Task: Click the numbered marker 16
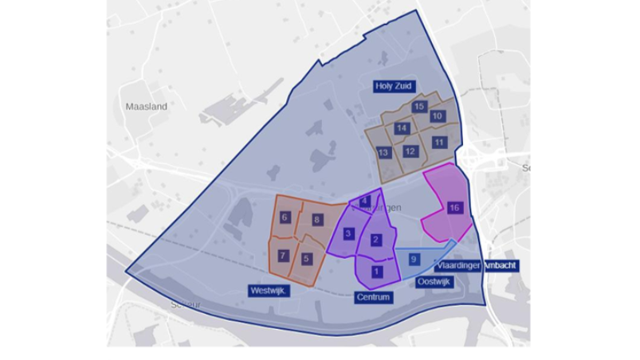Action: pyautogui.click(x=454, y=208)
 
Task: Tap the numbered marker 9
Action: pyautogui.click(x=414, y=259)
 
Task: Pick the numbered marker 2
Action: pyautogui.click(x=376, y=241)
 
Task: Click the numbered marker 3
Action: pyautogui.click(x=348, y=233)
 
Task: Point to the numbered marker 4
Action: pyautogui.click(x=365, y=202)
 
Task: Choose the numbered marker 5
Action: pyautogui.click(x=307, y=258)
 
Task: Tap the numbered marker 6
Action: pyautogui.click(x=285, y=217)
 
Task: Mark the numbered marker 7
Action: pyautogui.click(x=283, y=256)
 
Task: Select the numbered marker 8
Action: pyautogui.click(x=317, y=220)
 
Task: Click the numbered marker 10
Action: pyautogui.click(x=437, y=116)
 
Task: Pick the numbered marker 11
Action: pyautogui.click(x=439, y=142)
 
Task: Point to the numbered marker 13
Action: pyautogui.click(x=383, y=152)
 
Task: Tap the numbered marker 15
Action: pyautogui.click(x=419, y=106)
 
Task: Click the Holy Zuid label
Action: pyautogui.click(x=396, y=85)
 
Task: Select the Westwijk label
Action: pyautogui.click(x=268, y=292)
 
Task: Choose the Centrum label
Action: pyautogui.click(x=374, y=298)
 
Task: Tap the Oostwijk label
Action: pyautogui.click(x=434, y=281)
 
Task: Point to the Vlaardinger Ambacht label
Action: pyautogui.click(x=478, y=266)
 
